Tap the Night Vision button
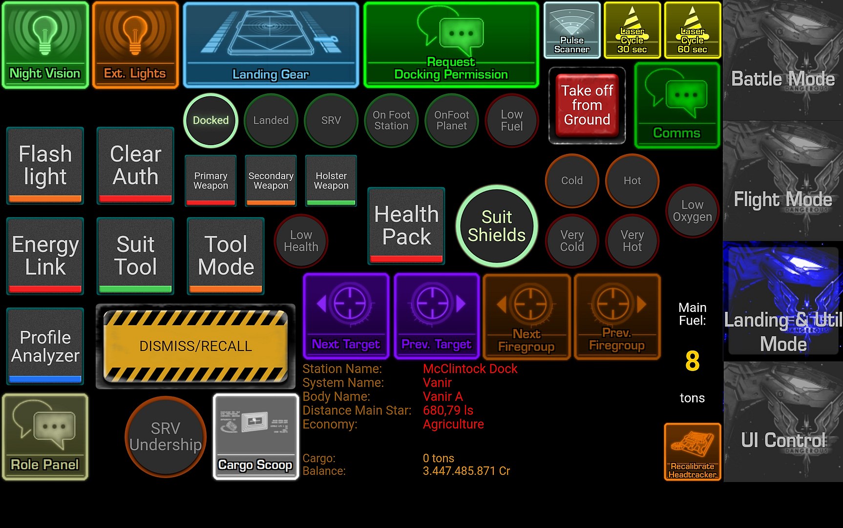[45, 45]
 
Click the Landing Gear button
[271, 45]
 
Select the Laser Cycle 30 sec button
[632, 30]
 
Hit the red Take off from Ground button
[587, 105]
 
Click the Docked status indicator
[211, 120]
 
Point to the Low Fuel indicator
[511, 120]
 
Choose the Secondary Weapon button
[271, 180]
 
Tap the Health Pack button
[406, 226]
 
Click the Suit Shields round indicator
[497, 226]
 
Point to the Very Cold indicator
[571, 241]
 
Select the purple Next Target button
[346, 316]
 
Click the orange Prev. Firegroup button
[617, 316]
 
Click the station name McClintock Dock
[470, 369]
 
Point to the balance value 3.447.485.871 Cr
[466, 471]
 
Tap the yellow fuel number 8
[692, 361]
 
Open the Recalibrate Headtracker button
[692, 452]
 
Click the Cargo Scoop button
[255, 437]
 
